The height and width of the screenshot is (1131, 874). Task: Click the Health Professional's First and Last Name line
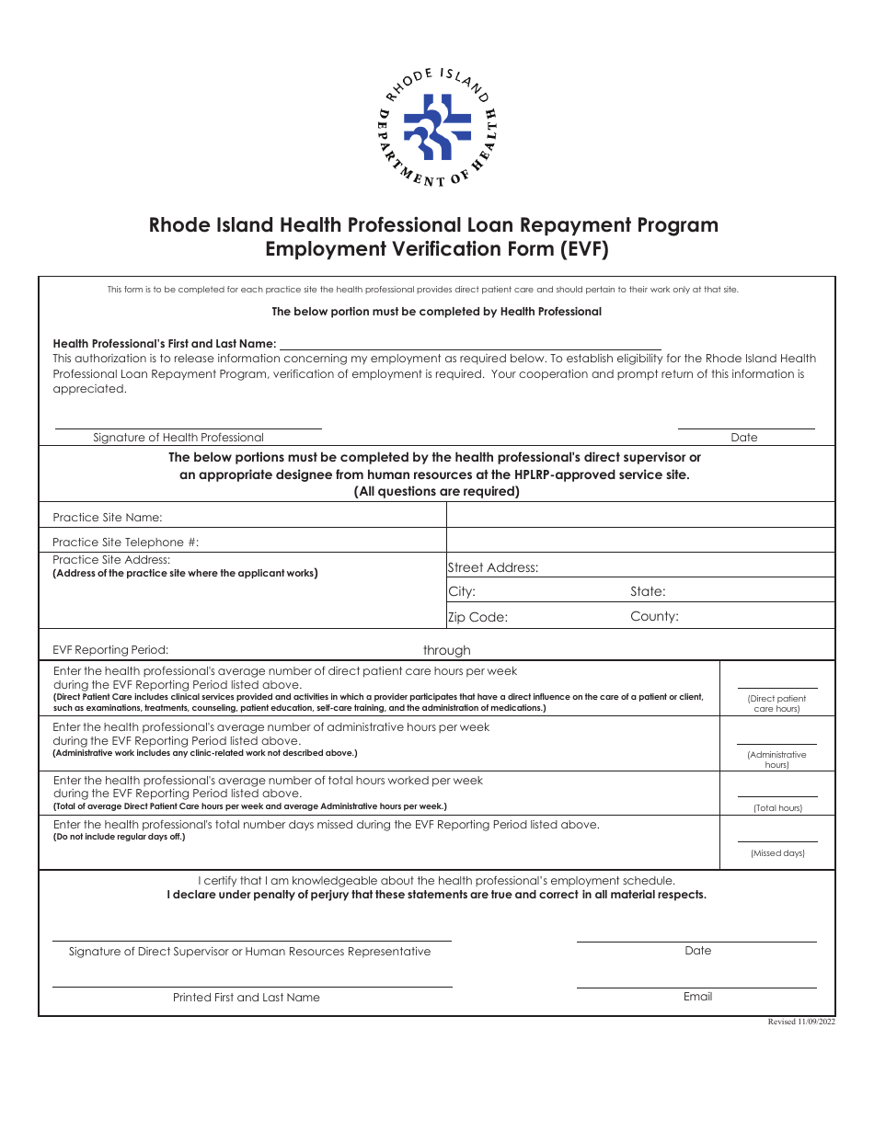tap(470, 344)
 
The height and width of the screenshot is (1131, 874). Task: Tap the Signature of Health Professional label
tap(178, 438)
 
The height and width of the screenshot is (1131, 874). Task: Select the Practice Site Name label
tap(107, 518)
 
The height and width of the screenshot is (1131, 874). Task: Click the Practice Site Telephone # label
tap(125, 543)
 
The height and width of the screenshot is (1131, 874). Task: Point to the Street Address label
tap(493, 568)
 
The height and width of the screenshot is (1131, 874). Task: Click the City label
tap(462, 592)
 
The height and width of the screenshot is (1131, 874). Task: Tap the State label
tap(648, 592)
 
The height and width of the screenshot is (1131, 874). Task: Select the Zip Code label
tap(477, 617)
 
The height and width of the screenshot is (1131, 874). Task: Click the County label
tap(654, 617)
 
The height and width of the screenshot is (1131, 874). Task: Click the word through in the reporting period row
tap(447, 650)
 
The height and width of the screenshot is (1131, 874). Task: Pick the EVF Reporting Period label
tap(110, 650)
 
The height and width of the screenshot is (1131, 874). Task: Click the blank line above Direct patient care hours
tap(777, 686)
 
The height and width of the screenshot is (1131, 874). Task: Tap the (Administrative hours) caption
tap(777, 760)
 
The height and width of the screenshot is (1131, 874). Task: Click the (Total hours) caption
tap(777, 808)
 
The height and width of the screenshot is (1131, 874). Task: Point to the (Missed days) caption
tap(777, 853)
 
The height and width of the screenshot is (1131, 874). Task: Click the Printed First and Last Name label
tap(247, 998)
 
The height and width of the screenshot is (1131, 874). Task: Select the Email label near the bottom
tap(697, 997)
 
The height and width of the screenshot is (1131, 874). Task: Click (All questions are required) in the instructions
tap(437, 491)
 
